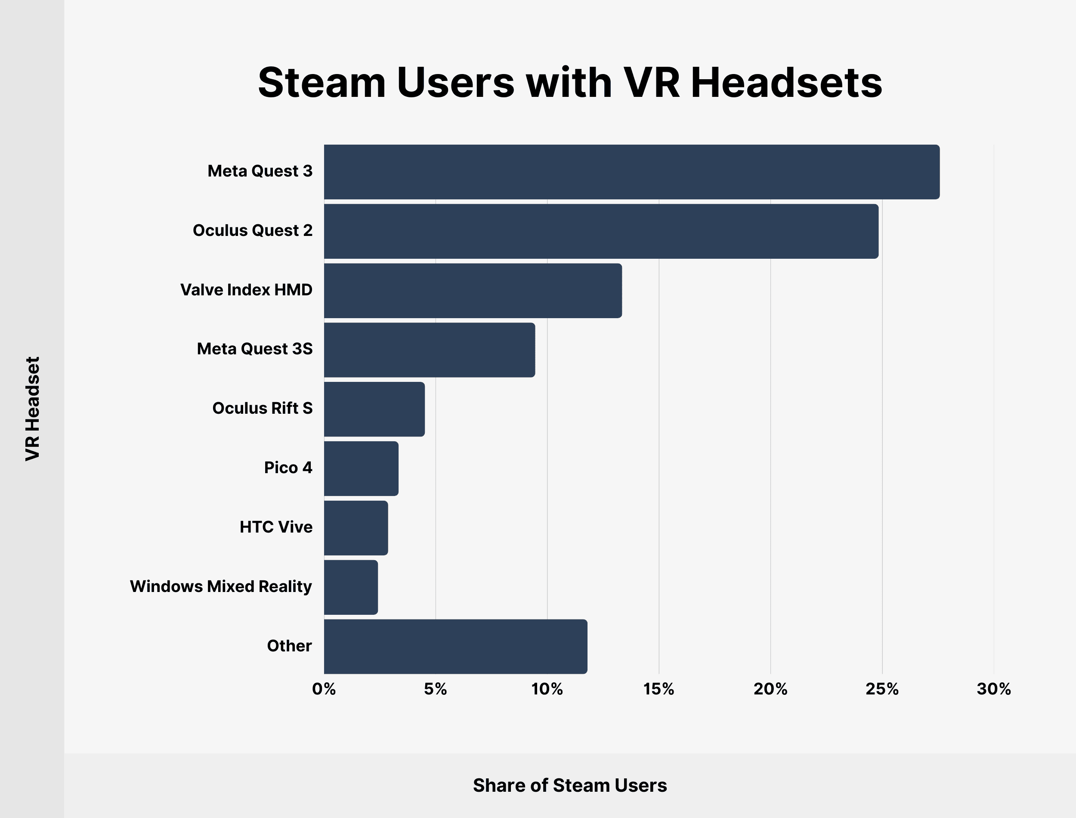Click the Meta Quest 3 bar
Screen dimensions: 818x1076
tap(632, 172)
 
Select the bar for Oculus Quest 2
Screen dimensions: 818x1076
tap(601, 231)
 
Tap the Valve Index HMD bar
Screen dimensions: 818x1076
tap(473, 291)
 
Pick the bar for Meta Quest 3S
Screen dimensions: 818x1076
tap(429, 350)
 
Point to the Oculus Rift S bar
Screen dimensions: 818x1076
tap(374, 409)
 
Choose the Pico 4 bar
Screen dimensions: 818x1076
tap(361, 468)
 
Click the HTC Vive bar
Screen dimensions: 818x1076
tap(356, 528)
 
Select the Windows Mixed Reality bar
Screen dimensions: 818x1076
tap(351, 587)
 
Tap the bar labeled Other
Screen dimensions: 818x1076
tap(455, 647)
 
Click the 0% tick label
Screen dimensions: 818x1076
tap(324, 689)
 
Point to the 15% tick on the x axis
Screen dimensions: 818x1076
tap(659, 689)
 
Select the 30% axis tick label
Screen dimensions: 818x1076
tap(994, 689)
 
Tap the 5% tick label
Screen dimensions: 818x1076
tap(436, 689)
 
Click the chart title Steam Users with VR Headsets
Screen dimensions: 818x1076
tap(570, 83)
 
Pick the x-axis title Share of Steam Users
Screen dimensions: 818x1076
tap(570, 785)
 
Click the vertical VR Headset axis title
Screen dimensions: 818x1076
tap(33, 409)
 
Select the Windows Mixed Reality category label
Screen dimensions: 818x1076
tap(221, 587)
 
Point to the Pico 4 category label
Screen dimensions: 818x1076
tap(288, 468)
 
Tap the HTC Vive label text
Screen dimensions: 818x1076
tap(276, 527)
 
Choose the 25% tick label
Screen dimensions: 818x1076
tap(882, 689)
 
